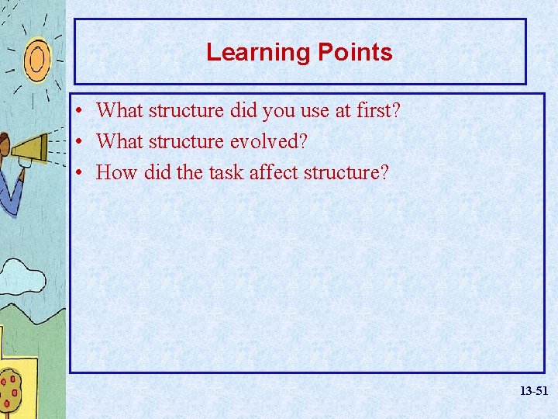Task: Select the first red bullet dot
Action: (x=81, y=111)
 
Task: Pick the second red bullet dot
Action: (x=81, y=142)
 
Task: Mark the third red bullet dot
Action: (x=81, y=172)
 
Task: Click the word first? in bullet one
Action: (x=378, y=111)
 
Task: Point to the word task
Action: (x=223, y=172)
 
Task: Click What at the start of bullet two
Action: (x=119, y=142)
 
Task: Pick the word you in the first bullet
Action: (x=278, y=111)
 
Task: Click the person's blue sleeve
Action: (x=11, y=194)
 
